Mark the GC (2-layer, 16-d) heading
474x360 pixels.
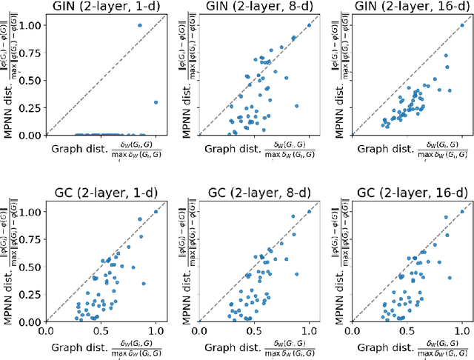tap(410, 193)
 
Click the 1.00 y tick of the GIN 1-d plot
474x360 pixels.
tap(32, 25)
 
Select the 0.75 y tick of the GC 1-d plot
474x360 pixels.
tap(32, 239)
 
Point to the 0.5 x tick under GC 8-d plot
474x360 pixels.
tap(253, 331)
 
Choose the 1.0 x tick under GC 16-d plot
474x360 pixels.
tap(462, 331)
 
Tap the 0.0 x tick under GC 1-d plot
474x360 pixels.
tap(46, 331)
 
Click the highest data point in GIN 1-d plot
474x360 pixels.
tap(139, 25)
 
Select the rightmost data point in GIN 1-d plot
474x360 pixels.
tap(156, 102)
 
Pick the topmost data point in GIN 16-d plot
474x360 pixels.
tap(462, 25)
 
